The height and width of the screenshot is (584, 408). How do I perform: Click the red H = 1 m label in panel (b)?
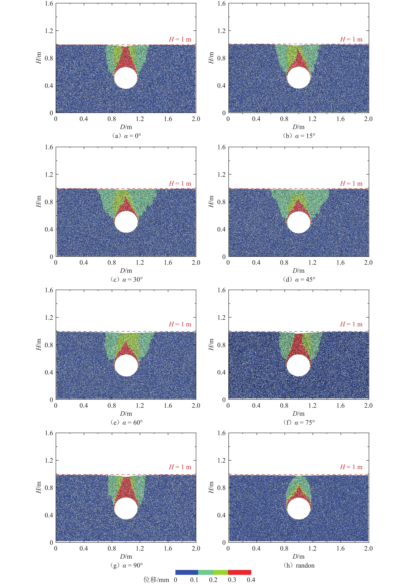pyautogui.click(x=351, y=39)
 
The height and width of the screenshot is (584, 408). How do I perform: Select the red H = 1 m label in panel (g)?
pyautogui.click(x=180, y=467)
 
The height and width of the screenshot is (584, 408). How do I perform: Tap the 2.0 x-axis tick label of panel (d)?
pyautogui.click(x=368, y=262)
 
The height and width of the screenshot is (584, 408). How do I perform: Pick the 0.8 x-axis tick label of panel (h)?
pyautogui.click(x=284, y=548)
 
